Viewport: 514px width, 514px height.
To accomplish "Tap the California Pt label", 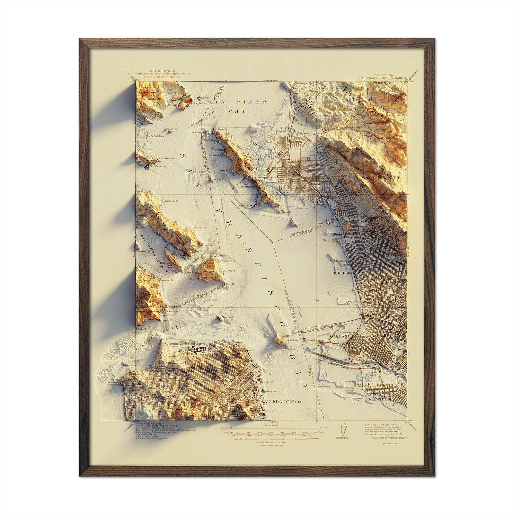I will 171,201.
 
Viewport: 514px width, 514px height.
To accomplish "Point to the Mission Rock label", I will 271,392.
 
